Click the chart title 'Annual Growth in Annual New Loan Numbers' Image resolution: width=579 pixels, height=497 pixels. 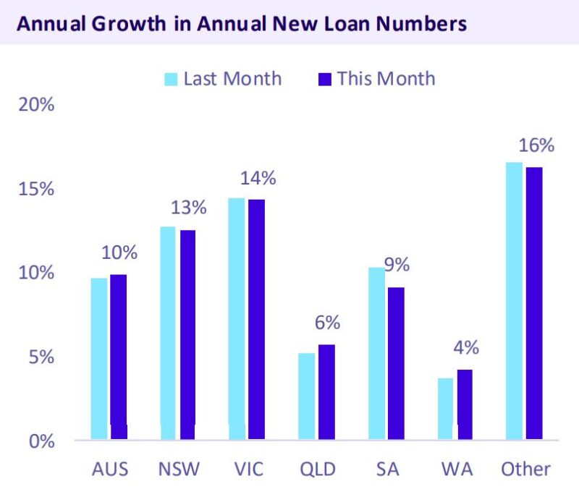[x=241, y=23]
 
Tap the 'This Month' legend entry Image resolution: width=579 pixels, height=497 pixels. [x=376, y=78]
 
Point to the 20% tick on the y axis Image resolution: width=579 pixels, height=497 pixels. [x=35, y=105]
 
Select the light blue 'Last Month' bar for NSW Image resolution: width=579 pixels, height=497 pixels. [x=169, y=333]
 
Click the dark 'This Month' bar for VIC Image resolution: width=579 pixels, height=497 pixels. [x=256, y=319]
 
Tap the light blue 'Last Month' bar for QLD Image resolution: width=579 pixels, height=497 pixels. [x=307, y=396]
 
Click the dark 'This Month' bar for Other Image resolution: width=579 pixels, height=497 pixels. [x=533, y=303]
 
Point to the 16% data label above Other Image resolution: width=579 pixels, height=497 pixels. [x=537, y=145]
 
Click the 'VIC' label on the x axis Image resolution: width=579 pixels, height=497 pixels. [x=248, y=469]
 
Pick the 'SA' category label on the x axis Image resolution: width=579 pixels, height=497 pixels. [x=386, y=469]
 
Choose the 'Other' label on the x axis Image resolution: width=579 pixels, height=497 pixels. [x=525, y=469]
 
